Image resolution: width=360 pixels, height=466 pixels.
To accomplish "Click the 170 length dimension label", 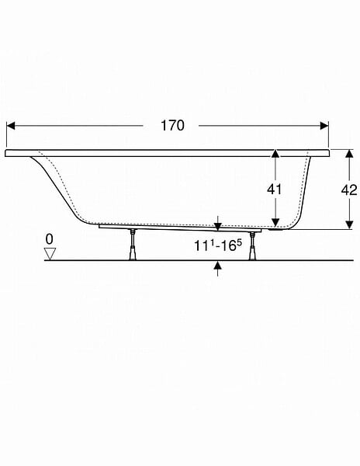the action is click(x=172, y=125).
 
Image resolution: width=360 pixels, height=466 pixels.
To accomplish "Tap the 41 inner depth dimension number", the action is click(x=274, y=189).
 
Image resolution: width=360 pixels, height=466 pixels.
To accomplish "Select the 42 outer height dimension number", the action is click(x=349, y=190).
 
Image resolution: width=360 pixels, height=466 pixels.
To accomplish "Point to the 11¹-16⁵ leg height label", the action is click(x=218, y=245).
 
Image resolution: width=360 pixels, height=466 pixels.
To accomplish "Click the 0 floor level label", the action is click(x=50, y=239).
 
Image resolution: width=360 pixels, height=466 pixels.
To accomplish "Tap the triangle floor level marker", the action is click(x=50, y=253).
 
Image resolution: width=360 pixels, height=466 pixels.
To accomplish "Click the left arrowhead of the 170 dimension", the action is click(x=11, y=126).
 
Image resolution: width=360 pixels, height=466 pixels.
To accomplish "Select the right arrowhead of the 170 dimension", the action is click(x=324, y=126).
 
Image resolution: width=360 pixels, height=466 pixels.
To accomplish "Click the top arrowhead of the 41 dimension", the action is click(x=275, y=154).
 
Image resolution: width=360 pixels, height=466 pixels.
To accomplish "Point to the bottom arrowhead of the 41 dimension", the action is click(x=275, y=222).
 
